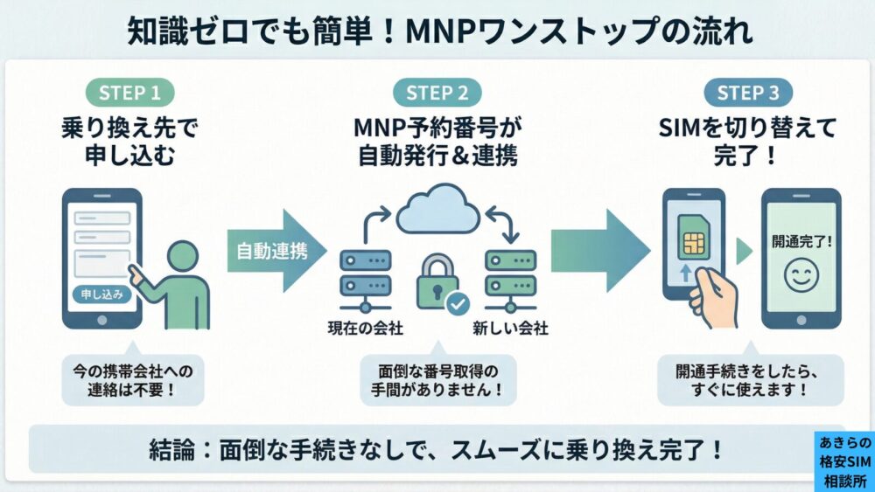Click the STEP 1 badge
point(130,93)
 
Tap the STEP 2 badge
point(437,93)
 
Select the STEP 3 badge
point(748,93)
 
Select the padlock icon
point(435,280)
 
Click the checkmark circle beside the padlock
point(457,304)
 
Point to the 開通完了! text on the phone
point(800,238)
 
